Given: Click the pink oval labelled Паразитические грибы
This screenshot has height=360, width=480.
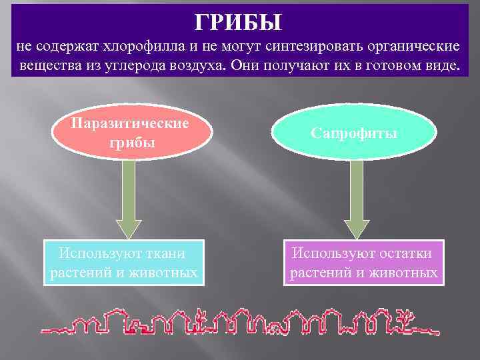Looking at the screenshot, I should [x=131, y=133].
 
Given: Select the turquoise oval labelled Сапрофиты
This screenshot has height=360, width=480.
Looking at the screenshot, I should [x=354, y=133].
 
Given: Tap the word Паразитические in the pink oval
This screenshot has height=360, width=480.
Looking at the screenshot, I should [x=131, y=123].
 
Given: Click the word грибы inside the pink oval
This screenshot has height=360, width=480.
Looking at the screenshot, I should [x=131, y=143].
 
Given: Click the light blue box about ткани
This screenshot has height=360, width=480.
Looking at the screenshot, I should [x=123, y=263].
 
